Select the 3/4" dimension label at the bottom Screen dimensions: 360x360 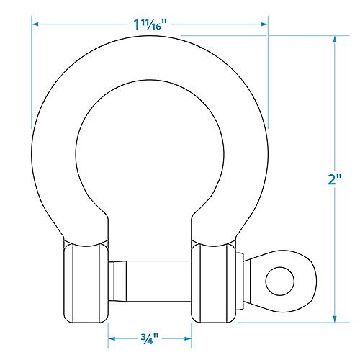pyautogui.click(x=149, y=336)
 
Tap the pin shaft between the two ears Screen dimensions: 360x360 pyautogui.click(x=150, y=276)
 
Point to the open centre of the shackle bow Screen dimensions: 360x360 pyautogui.click(x=150, y=151)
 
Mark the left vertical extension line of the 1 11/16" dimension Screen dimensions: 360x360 pyautogui.click(x=31, y=72)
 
